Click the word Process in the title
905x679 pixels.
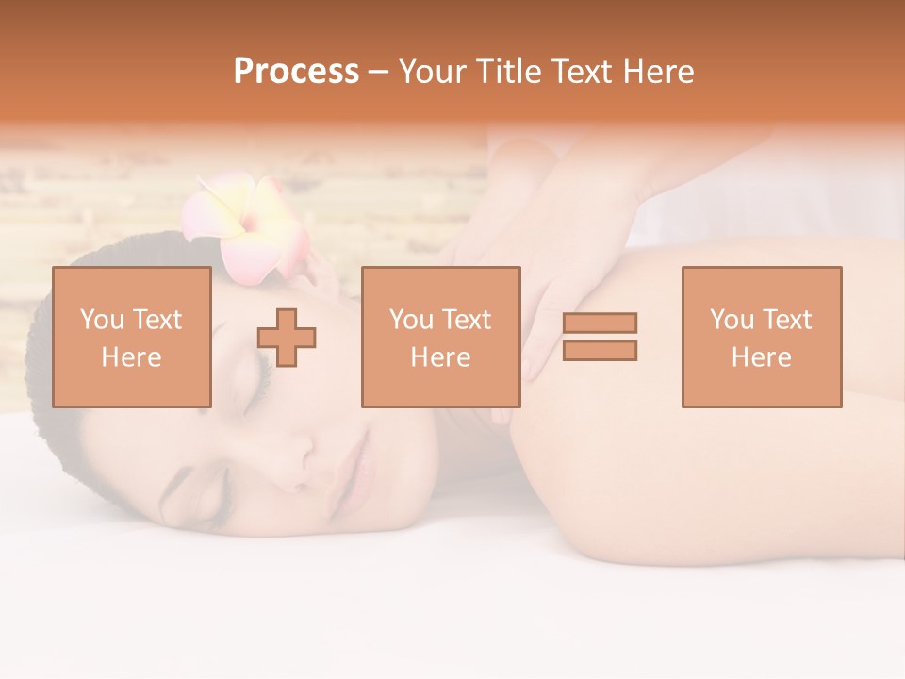(296, 72)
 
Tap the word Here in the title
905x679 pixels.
(658, 72)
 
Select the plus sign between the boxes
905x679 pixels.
(287, 338)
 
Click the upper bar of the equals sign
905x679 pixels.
(600, 323)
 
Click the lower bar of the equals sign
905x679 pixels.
(600, 351)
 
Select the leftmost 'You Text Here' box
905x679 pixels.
(131, 337)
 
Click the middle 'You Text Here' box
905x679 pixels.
(440, 337)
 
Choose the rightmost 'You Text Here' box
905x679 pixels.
(761, 337)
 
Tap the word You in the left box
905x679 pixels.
(102, 320)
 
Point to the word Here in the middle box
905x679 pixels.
(440, 357)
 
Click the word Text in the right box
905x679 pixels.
(786, 320)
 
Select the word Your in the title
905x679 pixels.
(433, 72)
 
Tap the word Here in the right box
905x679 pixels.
(761, 357)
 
